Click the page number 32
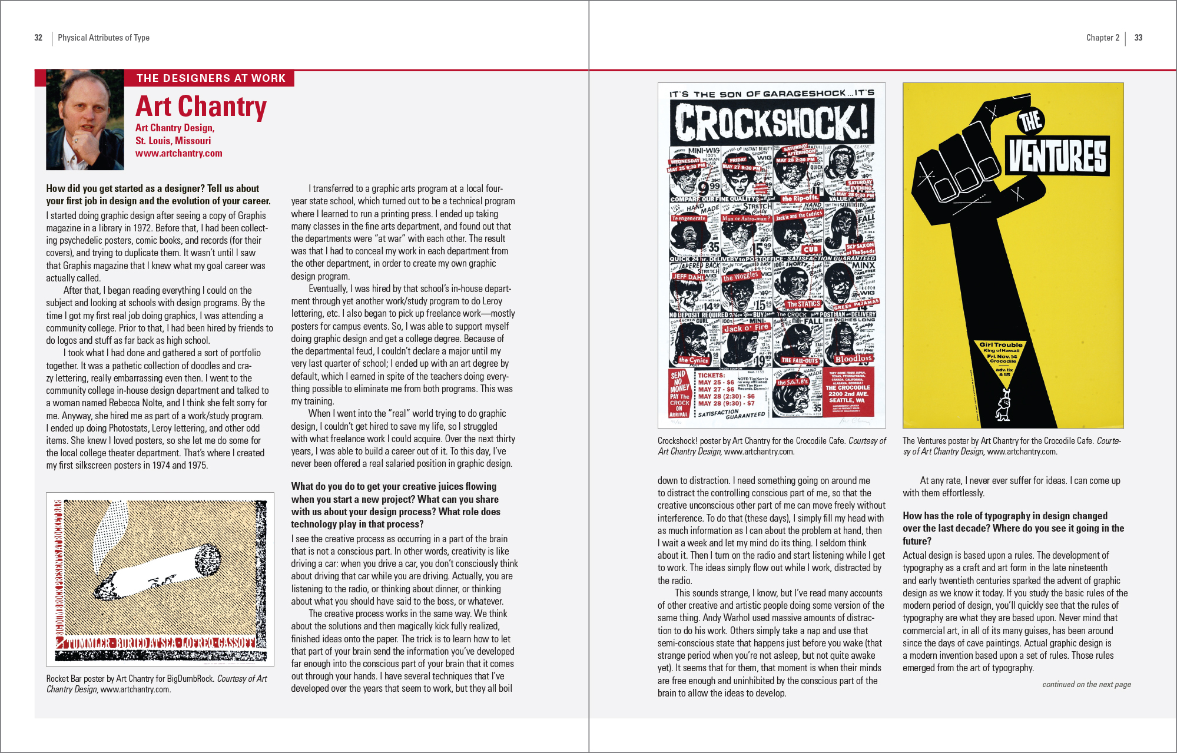pyautogui.click(x=38, y=38)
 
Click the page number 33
pyautogui.click(x=1138, y=38)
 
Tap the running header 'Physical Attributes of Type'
pyautogui.click(x=104, y=38)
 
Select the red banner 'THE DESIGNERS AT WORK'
pyautogui.click(x=210, y=78)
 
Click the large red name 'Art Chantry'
pyautogui.click(x=201, y=107)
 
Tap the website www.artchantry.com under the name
pyautogui.click(x=178, y=153)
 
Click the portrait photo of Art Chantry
pyautogui.click(x=85, y=120)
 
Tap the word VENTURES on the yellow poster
pyautogui.click(x=1058, y=156)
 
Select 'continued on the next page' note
pyautogui.click(x=1086, y=684)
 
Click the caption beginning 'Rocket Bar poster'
pyautogui.click(x=157, y=684)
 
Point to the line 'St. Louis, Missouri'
pyautogui.click(x=173, y=141)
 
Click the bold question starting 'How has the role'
pyautogui.click(x=1013, y=528)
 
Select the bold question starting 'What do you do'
pyautogui.click(x=396, y=505)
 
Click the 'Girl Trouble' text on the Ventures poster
pyautogui.click(x=1000, y=345)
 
